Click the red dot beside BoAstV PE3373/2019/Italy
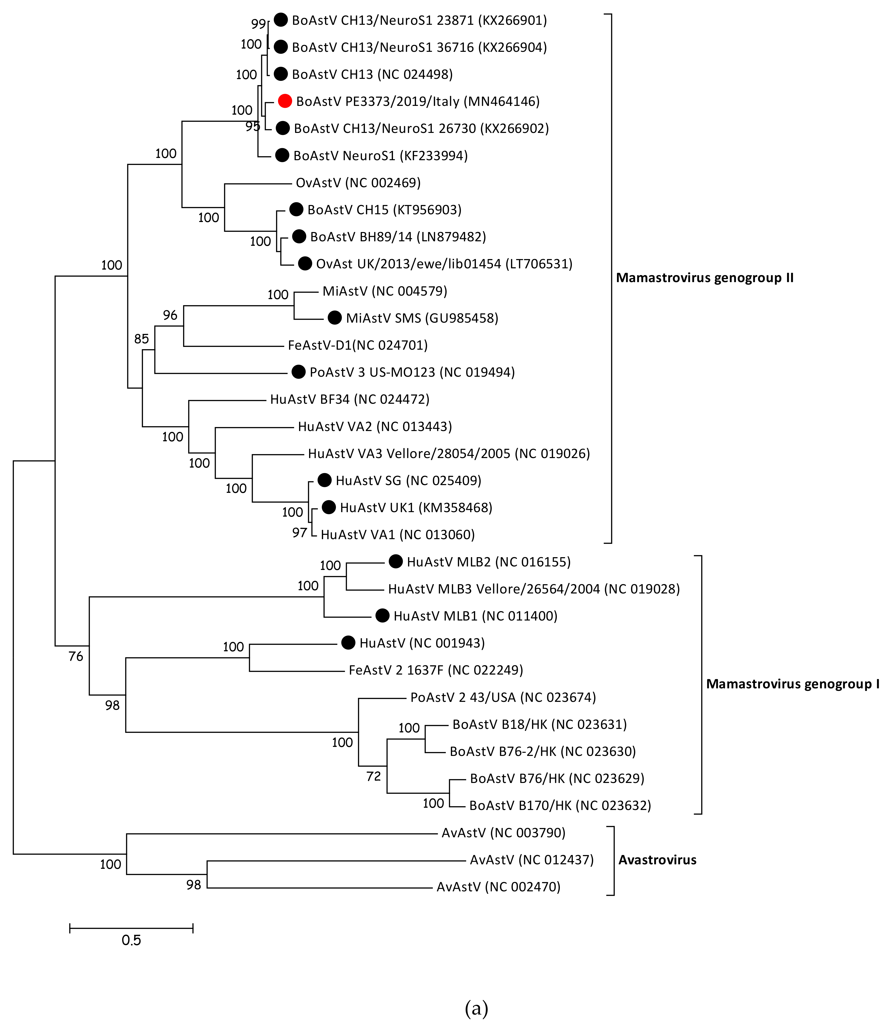pos(285,101)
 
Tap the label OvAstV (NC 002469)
pos(358,183)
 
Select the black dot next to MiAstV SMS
pos(335,318)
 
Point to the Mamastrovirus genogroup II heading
pos(704,278)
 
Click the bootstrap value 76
pos(75,657)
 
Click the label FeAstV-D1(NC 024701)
pos(358,345)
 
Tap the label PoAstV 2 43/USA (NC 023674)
pos(502,697)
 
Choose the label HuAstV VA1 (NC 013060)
pos(397,535)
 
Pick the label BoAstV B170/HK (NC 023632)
pos(560,806)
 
